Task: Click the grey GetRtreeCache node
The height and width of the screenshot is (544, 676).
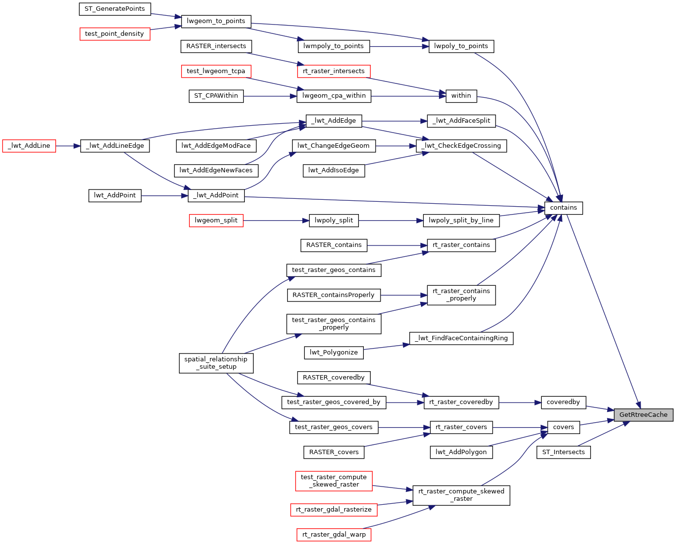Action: click(x=643, y=415)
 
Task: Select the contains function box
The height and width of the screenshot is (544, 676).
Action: click(x=563, y=208)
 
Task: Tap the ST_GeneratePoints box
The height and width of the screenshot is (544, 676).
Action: click(x=115, y=9)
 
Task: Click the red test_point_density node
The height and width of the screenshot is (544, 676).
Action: click(x=115, y=34)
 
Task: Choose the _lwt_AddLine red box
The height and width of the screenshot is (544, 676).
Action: click(x=29, y=146)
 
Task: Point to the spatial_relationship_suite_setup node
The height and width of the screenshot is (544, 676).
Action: click(x=216, y=363)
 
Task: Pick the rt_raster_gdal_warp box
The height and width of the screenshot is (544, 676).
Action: click(x=334, y=535)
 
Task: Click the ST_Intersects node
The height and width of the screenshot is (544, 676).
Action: click(x=563, y=452)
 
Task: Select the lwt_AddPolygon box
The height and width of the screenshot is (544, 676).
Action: click(x=461, y=452)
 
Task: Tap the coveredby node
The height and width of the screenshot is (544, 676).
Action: click(x=563, y=403)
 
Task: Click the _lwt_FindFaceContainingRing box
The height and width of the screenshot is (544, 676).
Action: click(x=461, y=338)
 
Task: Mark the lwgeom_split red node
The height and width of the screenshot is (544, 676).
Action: click(x=216, y=220)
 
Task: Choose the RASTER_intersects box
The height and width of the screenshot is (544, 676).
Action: click(x=216, y=46)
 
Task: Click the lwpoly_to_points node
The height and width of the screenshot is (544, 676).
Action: click(x=461, y=46)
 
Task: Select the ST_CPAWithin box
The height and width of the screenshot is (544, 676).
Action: click(x=216, y=96)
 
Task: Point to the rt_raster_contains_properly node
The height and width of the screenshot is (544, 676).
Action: click(x=461, y=295)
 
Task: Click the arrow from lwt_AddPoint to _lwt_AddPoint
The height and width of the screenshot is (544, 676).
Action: click(x=165, y=196)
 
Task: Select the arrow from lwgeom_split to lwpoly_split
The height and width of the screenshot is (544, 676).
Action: click(x=276, y=220)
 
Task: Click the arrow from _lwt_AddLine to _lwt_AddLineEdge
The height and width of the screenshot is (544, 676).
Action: click(x=68, y=146)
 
